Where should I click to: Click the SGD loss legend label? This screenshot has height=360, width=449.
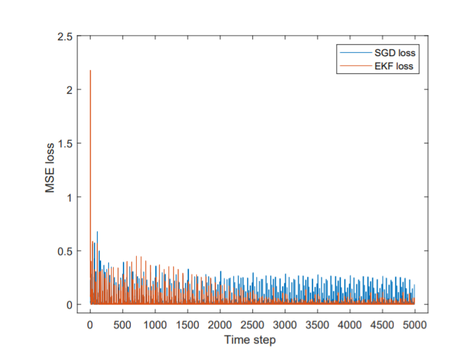click(x=393, y=52)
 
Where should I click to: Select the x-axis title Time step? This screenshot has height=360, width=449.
click(x=250, y=340)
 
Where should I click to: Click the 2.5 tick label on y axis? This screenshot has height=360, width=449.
click(x=64, y=36)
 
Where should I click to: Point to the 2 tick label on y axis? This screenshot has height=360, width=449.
click(x=69, y=89)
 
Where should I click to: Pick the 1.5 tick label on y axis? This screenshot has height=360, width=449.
click(x=64, y=143)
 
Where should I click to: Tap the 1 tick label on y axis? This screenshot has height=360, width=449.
click(x=69, y=197)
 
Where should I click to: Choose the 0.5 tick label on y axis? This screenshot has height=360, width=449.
click(x=64, y=251)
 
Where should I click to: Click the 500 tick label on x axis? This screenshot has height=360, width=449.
click(x=122, y=324)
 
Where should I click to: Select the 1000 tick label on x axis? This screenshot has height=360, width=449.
click(x=155, y=324)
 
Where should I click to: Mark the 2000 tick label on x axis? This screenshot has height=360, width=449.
click(x=220, y=324)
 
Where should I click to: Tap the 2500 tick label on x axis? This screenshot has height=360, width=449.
click(x=252, y=324)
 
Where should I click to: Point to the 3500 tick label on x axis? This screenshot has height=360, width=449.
click(x=318, y=324)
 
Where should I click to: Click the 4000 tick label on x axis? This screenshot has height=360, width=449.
click(x=350, y=324)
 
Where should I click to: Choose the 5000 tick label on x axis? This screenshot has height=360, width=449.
click(x=415, y=324)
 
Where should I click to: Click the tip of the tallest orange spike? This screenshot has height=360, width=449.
click(x=90, y=70)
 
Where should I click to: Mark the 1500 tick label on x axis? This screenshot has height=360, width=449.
click(x=188, y=324)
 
